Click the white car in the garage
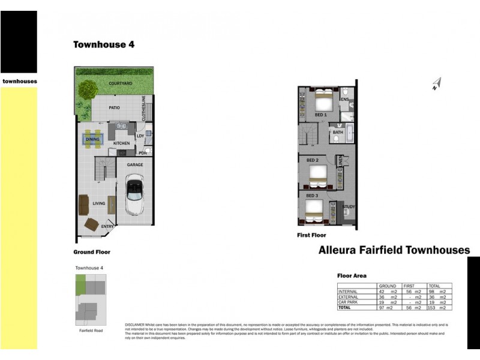134,195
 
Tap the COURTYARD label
121,83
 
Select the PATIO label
114,108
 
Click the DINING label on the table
93,139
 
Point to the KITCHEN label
122,143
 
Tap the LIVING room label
99,203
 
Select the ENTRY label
107,226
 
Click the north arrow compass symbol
436,84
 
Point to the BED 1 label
321,115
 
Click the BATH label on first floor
338,133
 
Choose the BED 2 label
312,160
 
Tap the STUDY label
349,207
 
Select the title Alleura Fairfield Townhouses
394,250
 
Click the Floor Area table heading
352,275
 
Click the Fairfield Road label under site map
91,331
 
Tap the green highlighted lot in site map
80,284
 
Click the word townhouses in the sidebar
19,81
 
